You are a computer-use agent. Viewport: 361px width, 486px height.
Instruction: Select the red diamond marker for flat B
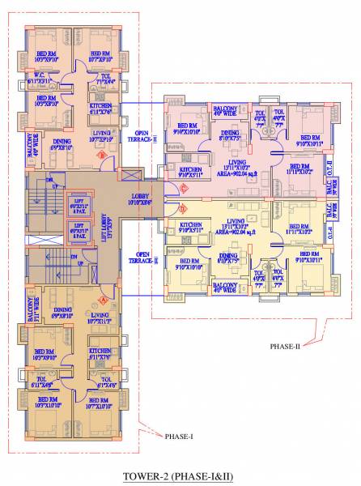tap(102, 154)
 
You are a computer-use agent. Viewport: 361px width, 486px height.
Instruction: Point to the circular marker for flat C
tap(183, 190)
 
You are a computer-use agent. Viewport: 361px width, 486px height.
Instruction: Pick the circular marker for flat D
tap(183, 207)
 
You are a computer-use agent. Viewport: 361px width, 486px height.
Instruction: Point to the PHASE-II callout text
tap(285, 346)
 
